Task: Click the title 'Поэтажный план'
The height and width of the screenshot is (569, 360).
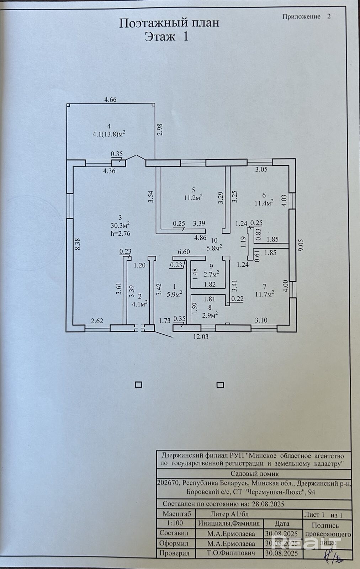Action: point(169,23)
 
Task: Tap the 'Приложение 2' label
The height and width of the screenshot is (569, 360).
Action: point(306,16)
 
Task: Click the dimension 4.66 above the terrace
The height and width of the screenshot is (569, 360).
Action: point(110,100)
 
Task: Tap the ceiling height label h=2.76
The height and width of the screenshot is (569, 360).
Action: point(120,233)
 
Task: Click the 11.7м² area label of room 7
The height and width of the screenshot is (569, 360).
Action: point(264,294)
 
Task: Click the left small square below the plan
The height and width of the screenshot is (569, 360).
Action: point(139,384)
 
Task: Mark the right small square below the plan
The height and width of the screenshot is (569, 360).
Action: point(221,384)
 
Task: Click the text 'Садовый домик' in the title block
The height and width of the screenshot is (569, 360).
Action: point(255,474)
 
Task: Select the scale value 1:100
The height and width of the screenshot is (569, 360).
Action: point(175,523)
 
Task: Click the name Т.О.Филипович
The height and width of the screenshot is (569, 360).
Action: point(231,553)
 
